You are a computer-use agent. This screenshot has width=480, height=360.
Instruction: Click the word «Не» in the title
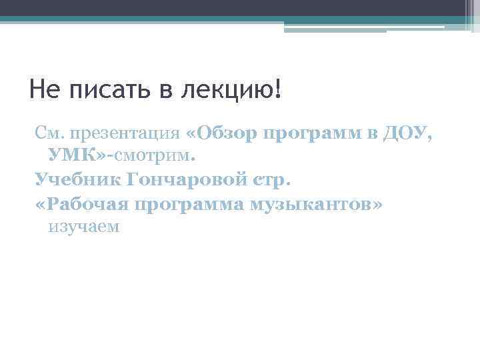coord(45,90)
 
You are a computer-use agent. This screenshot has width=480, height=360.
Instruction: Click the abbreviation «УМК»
coord(73,157)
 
